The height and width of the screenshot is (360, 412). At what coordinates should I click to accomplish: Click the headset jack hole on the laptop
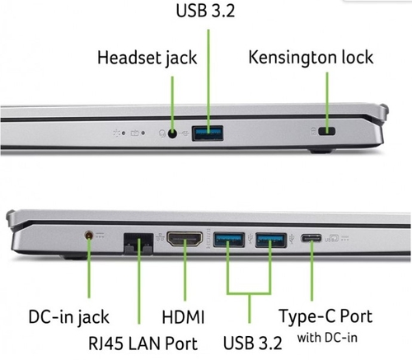coord(172,133)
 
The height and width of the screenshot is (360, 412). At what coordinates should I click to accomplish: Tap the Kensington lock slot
coord(326,131)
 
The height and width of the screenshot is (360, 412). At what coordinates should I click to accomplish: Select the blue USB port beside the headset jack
coord(208,133)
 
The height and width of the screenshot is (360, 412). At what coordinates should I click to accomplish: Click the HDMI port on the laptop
coord(185,239)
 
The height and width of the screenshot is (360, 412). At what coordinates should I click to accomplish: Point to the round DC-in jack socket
coord(89,236)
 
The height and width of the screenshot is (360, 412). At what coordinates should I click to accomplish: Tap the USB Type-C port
coord(311,238)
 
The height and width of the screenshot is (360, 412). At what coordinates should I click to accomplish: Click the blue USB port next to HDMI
coord(229,240)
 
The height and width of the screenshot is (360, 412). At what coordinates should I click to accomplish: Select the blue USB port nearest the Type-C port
coord(271,240)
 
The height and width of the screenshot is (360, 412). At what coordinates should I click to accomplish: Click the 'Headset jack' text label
coord(147,58)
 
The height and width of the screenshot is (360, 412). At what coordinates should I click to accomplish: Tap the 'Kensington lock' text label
coord(311,58)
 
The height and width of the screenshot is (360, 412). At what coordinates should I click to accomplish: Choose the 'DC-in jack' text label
coord(68,317)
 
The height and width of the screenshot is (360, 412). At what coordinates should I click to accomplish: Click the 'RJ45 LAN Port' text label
coord(143,344)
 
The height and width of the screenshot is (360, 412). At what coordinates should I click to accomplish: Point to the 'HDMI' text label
coord(183,317)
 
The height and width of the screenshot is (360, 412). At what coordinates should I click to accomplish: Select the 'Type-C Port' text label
coord(325,316)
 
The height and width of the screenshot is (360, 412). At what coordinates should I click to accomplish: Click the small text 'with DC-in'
coord(327,338)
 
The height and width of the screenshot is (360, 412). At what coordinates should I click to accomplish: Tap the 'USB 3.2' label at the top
coord(205,11)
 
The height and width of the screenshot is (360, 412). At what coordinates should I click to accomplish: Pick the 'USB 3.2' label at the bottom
coord(253,343)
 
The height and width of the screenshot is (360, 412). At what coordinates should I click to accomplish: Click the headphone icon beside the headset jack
coord(162,133)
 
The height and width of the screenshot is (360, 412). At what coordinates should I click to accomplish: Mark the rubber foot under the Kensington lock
coord(321,151)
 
